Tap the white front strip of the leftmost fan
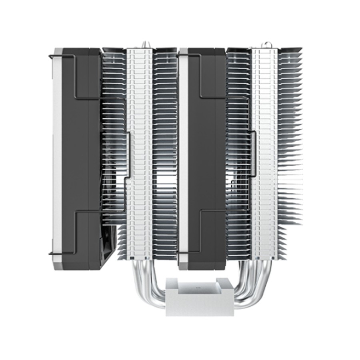click(57, 160)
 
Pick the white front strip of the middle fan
click(183, 160)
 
